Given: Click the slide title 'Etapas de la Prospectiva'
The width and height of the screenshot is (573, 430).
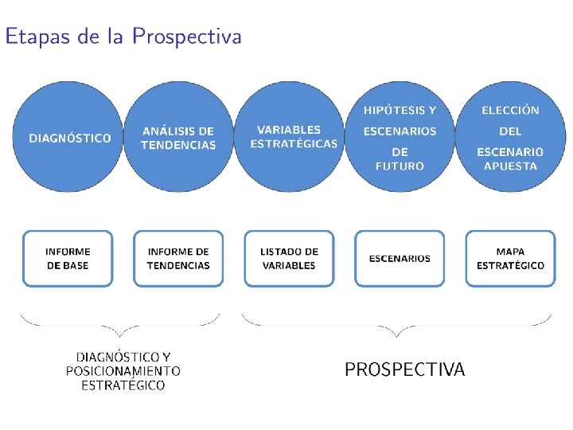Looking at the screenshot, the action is point(123,37).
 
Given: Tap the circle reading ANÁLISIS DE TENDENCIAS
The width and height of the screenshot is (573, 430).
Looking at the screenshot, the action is point(178,137).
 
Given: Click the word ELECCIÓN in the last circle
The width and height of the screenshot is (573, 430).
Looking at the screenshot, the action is point(510,111).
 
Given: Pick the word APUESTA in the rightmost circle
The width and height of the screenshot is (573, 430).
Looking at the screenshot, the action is point(510,166).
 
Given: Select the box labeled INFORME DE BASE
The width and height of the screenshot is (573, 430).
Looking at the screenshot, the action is point(68,258).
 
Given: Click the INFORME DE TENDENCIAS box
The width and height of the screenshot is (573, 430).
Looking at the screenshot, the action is point(178,258).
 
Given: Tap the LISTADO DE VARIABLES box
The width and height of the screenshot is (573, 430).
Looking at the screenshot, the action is point(289,258).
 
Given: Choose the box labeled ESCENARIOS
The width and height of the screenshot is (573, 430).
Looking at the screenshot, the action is point(400,258).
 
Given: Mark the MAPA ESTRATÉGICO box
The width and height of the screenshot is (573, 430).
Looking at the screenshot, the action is point(510,258).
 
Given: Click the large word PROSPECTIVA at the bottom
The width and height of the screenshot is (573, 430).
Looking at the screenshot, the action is point(404,369).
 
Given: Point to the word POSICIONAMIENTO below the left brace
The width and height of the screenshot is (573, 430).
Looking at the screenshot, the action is point(123,371).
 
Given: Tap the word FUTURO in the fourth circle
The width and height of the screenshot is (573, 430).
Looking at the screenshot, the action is point(400,166).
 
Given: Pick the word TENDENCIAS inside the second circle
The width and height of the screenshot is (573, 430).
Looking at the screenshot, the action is point(178,145).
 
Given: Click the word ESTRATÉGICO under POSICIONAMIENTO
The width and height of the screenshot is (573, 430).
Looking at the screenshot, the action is point(123,385).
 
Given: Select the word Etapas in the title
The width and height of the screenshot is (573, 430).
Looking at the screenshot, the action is point(31,37).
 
